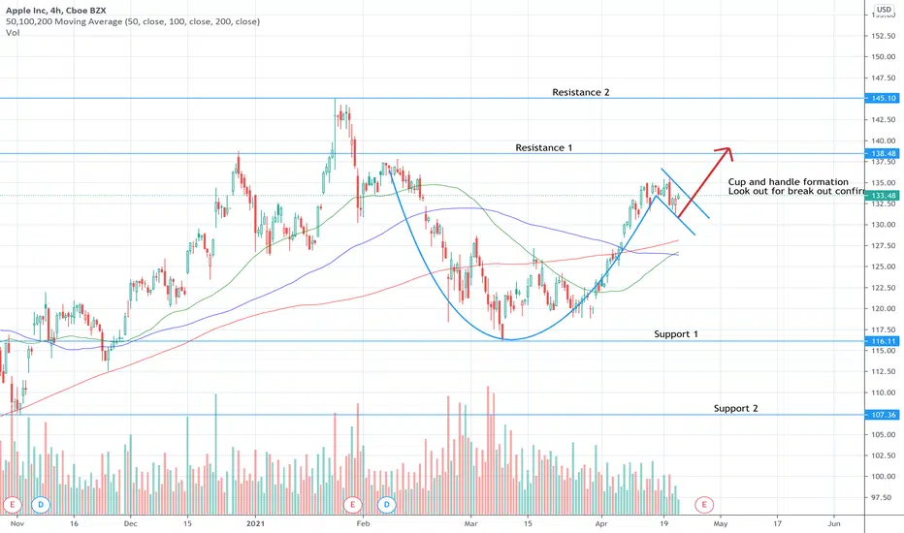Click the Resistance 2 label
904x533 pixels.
tap(580, 92)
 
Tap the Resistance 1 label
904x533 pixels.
tap(543, 147)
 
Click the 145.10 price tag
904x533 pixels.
tap(883, 99)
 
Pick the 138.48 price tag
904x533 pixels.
tap(883, 153)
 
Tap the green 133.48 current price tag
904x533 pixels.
tap(883, 195)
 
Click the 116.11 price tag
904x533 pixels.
tap(883, 341)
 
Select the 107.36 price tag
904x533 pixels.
tap(883, 415)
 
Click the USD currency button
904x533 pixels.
tap(883, 12)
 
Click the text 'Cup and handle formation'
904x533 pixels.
tap(788, 182)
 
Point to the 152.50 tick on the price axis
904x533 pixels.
tap(883, 36)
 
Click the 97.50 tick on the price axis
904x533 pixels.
tap(883, 497)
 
